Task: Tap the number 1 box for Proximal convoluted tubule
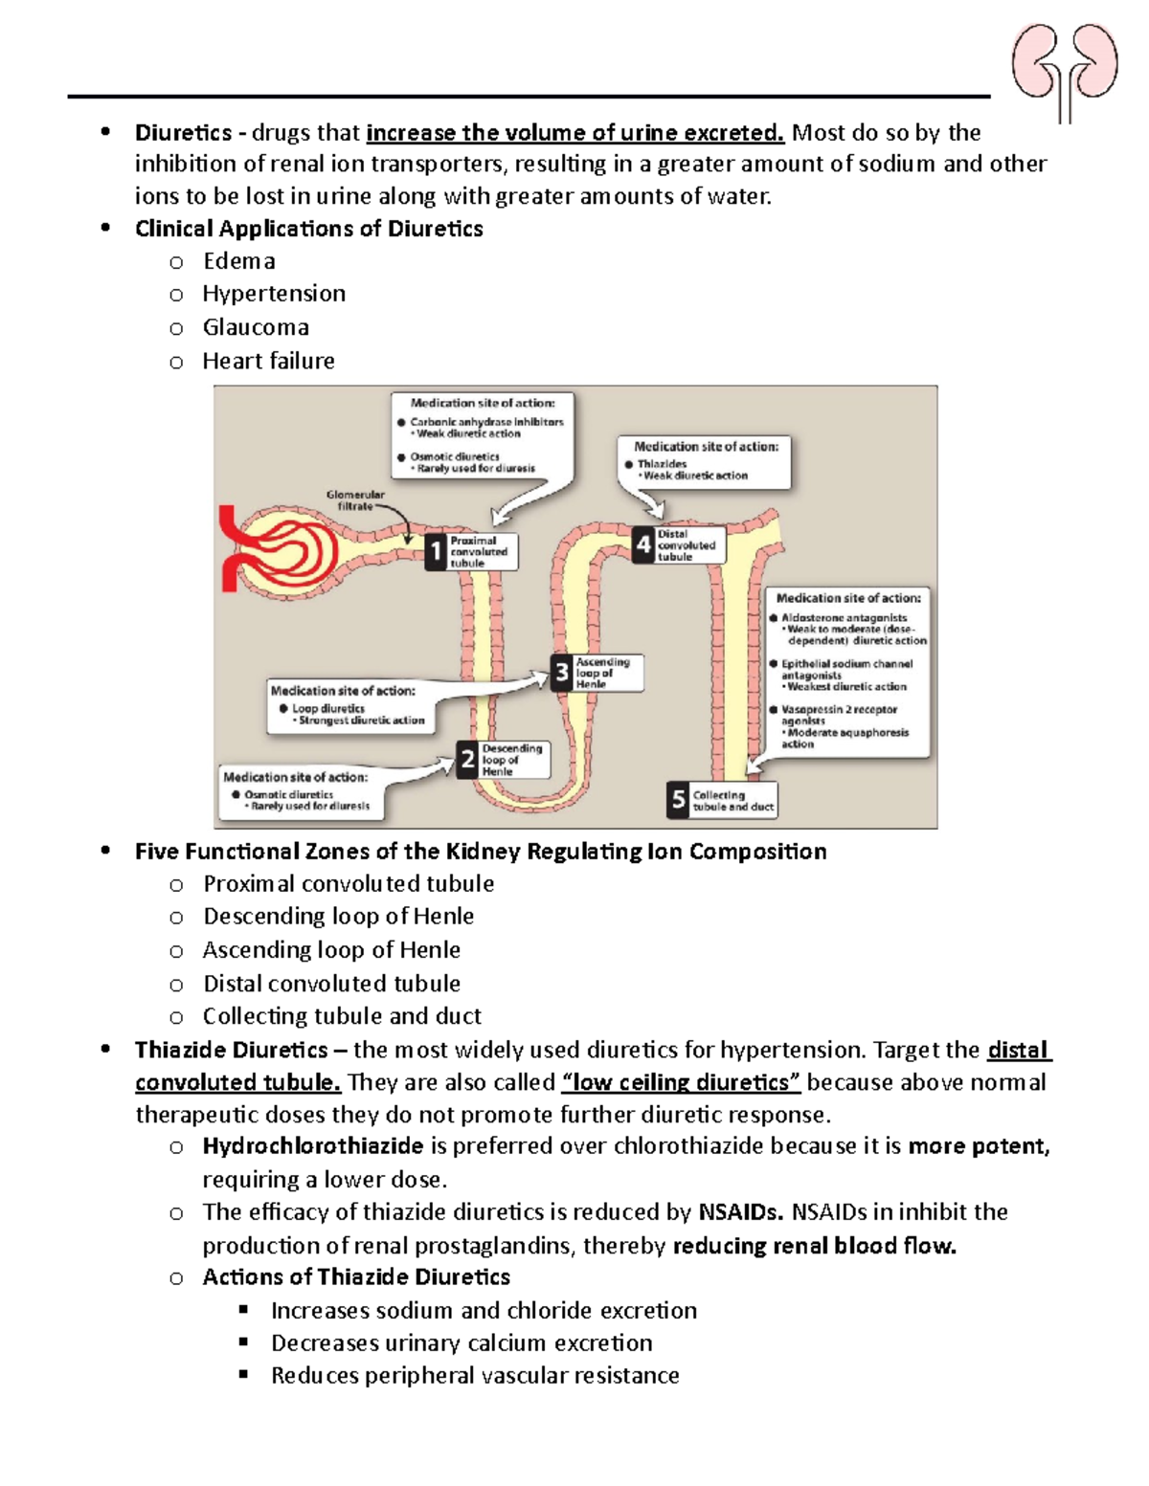point(436,552)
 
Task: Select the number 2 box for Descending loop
point(467,760)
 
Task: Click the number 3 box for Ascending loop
point(562,673)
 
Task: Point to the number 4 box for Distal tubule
point(643,544)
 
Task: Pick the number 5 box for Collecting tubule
point(678,800)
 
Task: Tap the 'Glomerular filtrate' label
point(354,500)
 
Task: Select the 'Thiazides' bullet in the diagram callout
point(662,464)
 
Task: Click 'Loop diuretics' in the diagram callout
point(327,709)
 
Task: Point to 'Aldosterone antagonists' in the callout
point(844,618)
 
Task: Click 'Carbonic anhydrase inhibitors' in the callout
point(486,422)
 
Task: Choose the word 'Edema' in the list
point(239,261)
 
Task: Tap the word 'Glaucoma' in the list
point(256,327)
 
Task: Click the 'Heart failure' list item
point(268,361)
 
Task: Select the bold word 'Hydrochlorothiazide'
point(313,1146)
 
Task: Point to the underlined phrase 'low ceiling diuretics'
point(681,1082)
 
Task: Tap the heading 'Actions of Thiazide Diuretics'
point(356,1277)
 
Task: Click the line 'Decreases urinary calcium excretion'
point(462,1343)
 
